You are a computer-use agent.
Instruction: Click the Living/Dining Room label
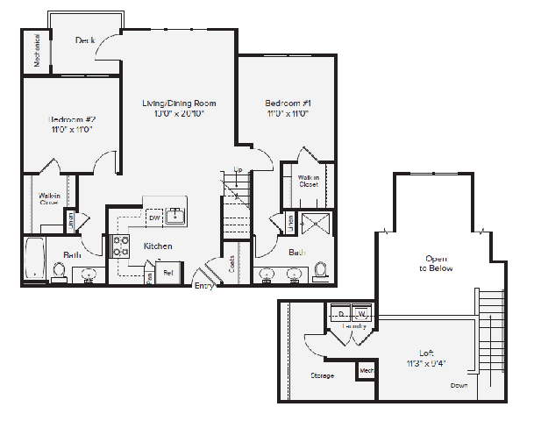179,103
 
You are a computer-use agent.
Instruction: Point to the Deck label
85,40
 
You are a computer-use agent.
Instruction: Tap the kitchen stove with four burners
121,246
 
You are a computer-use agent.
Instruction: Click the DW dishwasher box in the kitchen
154,218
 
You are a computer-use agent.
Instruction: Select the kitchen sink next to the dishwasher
175,216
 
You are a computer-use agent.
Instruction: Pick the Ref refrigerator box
169,273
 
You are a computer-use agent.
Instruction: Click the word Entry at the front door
204,285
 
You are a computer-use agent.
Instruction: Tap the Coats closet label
231,264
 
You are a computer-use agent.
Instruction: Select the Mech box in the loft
367,372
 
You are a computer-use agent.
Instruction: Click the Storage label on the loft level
322,375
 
